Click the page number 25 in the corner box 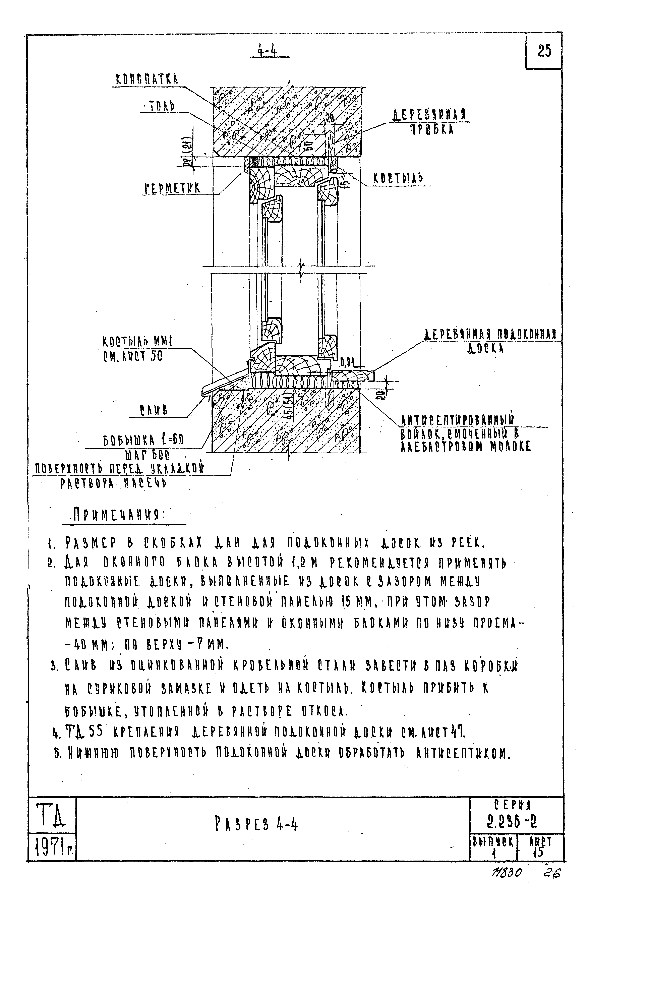544,51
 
